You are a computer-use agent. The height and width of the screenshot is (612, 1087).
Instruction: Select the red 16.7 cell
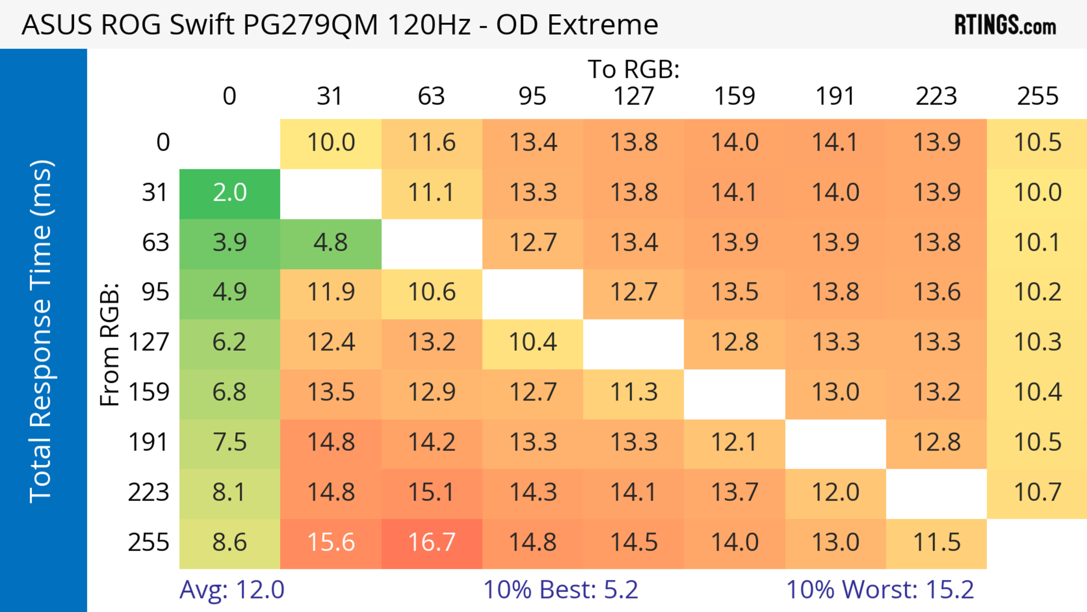pos(432,543)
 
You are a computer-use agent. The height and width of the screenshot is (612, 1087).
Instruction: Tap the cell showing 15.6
pos(331,543)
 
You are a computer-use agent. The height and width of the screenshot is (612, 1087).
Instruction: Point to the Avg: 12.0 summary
pos(232,590)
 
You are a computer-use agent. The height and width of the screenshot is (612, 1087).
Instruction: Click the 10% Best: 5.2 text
pos(560,590)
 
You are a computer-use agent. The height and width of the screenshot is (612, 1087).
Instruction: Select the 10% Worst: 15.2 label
pos(880,590)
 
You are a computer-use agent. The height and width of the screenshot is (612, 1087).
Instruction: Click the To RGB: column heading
pos(634,69)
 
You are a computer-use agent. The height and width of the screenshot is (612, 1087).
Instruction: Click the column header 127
pos(634,96)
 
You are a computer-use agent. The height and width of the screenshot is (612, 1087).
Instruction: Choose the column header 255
pos(1038,96)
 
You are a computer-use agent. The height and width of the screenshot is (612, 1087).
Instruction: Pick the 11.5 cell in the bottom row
pos(936,543)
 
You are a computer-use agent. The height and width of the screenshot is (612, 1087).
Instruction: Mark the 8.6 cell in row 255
pos(230,543)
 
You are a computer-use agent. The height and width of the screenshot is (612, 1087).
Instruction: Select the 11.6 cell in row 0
pos(432,143)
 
